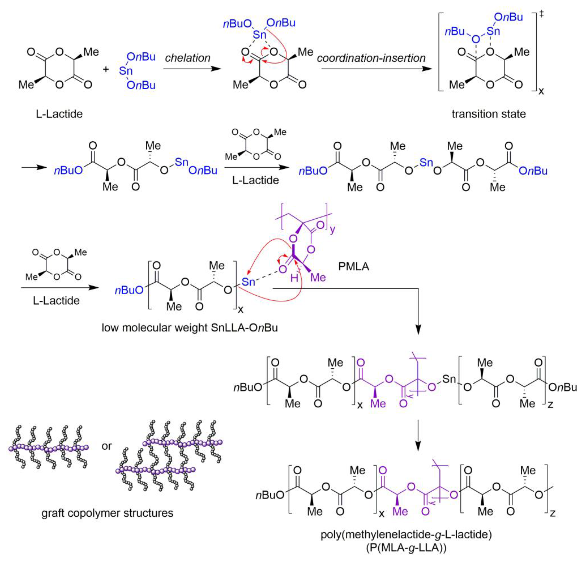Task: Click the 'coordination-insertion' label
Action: pyautogui.click(x=371, y=58)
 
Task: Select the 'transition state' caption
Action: pyautogui.click(x=488, y=114)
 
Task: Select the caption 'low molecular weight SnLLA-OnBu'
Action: pyautogui.click(x=190, y=328)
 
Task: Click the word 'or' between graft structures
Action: pyautogui.click(x=107, y=446)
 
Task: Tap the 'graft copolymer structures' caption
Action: pyautogui.click(x=107, y=513)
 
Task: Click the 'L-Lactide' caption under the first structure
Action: pyautogui.click(x=59, y=114)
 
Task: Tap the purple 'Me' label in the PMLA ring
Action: pyautogui.click(x=318, y=278)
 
